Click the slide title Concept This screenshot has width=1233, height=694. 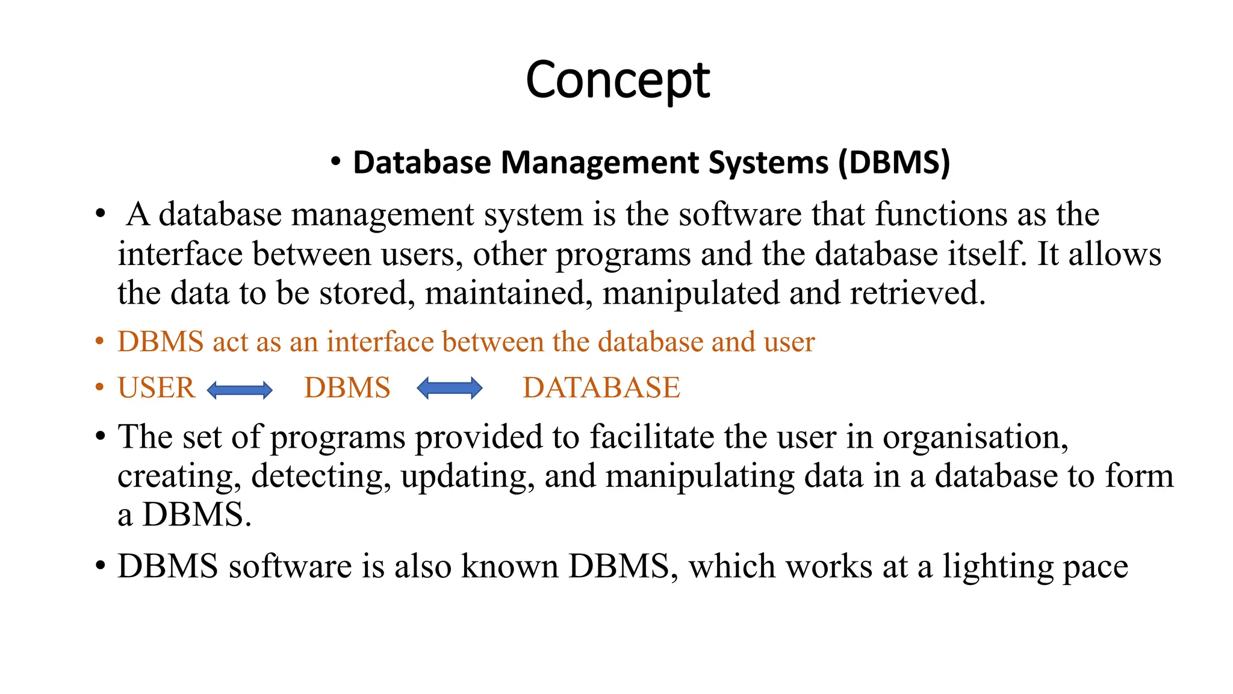[x=617, y=80]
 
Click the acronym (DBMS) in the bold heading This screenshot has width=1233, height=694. [x=894, y=163]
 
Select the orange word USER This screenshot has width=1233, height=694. [x=157, y=387]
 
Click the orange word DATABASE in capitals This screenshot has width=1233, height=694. [x=601, y=387]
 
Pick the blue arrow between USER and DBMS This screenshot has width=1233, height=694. [x=240, y=390]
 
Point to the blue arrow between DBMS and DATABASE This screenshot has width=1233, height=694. [x=449, y=388]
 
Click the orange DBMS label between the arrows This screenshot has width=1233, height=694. [x=347, y=387]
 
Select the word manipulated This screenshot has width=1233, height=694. [x=691, y=293]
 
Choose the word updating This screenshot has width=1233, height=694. [x=467, y=476]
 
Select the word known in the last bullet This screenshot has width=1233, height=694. [x=510, y=566]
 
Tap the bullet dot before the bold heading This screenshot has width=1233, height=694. [x=336, y=161]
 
